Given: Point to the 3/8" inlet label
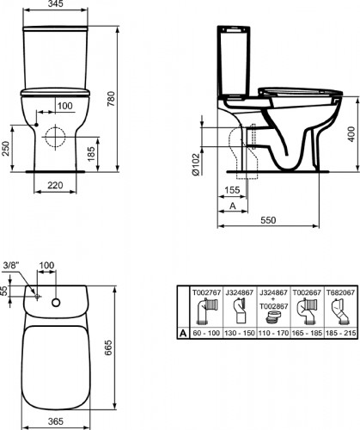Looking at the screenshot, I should (10, 263).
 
